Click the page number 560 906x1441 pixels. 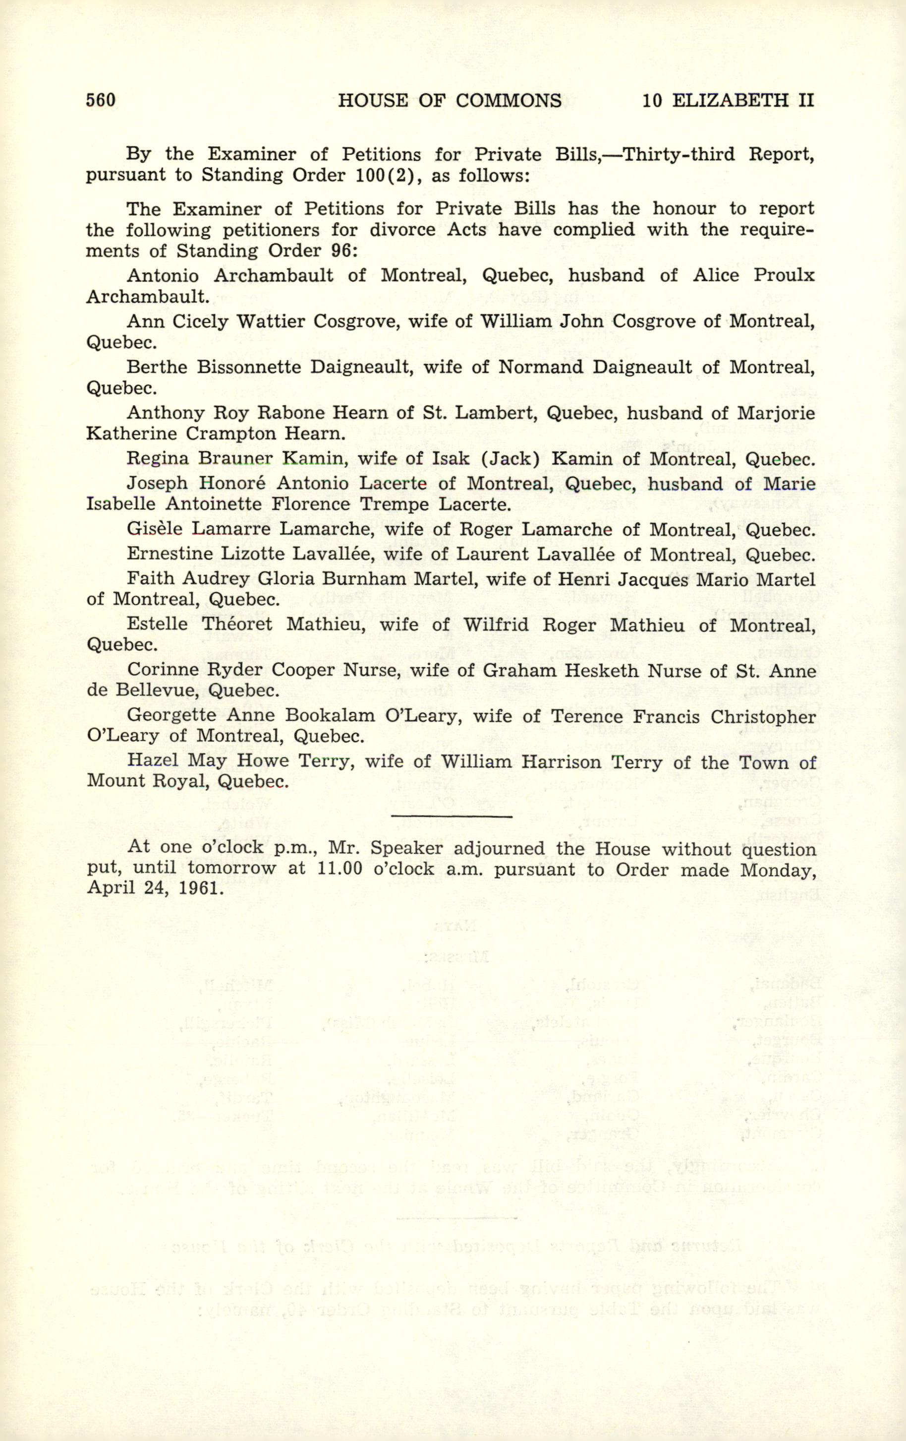[x=101, y=100]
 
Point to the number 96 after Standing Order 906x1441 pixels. [x=341, y=251]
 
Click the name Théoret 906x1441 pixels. [x=237, y=624]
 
